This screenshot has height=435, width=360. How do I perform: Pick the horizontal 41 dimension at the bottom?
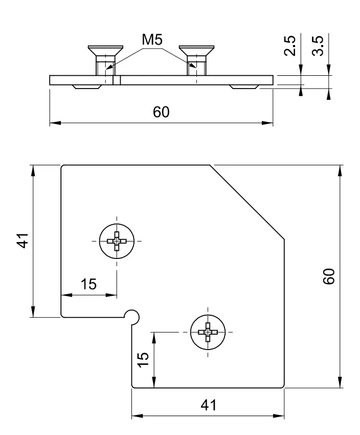click(208, 405)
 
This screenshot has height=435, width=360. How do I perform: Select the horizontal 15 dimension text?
click(88, 285)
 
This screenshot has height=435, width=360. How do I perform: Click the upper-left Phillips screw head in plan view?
click(117, 240)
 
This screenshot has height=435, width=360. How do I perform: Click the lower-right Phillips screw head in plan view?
click(208, 332)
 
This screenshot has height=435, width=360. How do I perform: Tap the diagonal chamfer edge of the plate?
click(247, 202)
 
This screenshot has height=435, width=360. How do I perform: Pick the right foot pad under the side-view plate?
click(243, 86)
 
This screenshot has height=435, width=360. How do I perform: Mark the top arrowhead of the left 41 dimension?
click(33, 169)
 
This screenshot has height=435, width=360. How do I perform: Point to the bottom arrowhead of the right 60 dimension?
click(340, 384)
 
